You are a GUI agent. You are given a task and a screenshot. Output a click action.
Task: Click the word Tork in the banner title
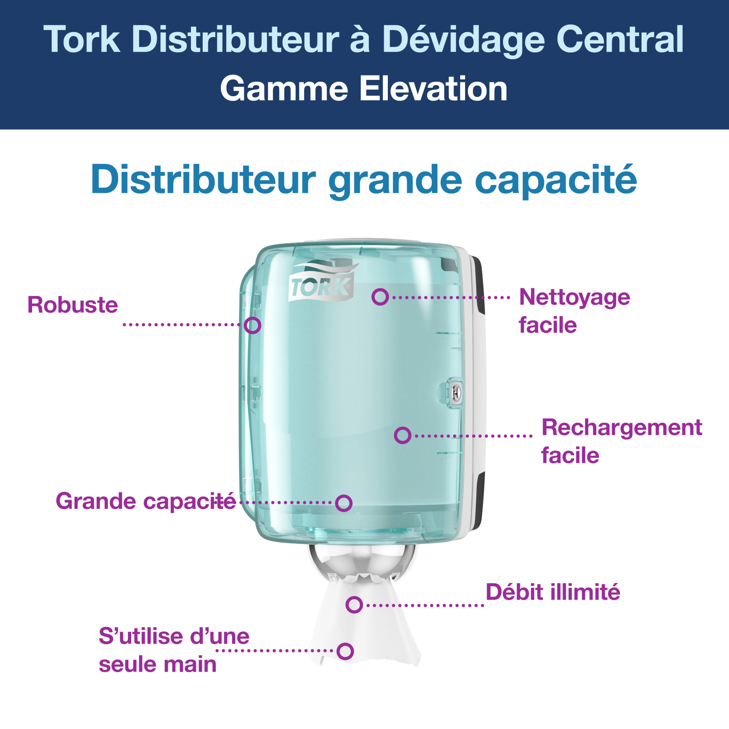(x=82, y=39)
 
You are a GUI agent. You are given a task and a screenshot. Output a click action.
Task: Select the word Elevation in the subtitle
(x=433, y=89)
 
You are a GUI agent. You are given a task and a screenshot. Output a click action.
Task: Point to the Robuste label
(x=73, y=305)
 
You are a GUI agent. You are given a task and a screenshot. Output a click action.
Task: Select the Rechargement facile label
(x=621, y=441)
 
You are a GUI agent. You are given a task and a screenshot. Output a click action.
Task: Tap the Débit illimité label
(x=553, y=592)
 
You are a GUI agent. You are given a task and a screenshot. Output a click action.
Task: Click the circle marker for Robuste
(x=253, y=325)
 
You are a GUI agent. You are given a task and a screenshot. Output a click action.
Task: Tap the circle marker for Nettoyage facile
(x=380, y=297)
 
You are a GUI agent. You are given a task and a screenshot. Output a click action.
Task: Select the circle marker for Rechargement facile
(x=403, y=436)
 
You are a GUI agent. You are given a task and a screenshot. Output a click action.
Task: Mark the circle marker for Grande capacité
(x=344, y=503)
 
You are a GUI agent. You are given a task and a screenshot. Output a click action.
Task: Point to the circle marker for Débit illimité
(x=354, y=605)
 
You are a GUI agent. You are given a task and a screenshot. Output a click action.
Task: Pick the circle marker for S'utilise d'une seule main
(x=345, y=651)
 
